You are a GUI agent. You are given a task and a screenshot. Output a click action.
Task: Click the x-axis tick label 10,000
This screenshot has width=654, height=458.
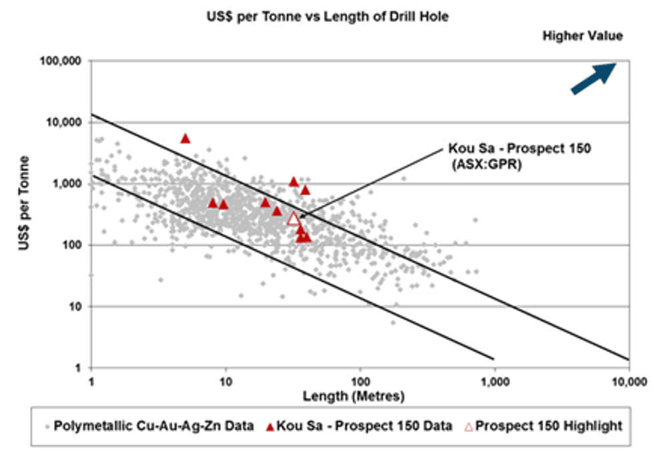click(629, 383)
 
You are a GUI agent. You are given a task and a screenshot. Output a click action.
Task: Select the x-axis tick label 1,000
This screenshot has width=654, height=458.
click(495, 383)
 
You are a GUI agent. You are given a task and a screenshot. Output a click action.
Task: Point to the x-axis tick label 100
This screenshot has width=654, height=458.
click(360, 383)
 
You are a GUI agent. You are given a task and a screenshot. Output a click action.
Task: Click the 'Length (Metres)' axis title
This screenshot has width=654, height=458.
click(359, 397)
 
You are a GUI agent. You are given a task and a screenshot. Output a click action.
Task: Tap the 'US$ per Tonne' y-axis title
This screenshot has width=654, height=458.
click(24, 214)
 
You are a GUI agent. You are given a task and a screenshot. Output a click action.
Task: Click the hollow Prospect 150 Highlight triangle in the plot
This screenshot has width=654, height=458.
click(294, 218)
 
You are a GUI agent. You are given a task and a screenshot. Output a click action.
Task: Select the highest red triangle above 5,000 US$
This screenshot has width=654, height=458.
click(186, 138)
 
